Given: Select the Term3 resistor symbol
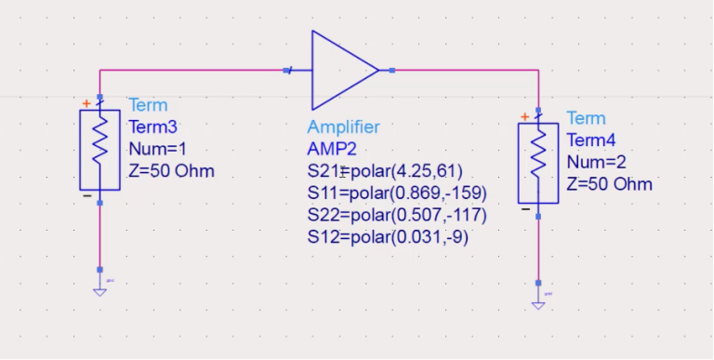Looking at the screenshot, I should coord(99,149).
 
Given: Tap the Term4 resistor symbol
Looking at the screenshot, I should coord(537,162).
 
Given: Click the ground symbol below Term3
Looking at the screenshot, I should coord(99,288).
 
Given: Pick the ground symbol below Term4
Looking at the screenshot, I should coord(537,301).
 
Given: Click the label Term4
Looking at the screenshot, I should coord(590,140).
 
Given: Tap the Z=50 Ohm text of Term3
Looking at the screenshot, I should coord(171,171).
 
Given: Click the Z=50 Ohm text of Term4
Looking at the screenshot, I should coord(609,184).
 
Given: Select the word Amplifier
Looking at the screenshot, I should coord(343,127).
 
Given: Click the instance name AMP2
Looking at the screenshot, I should coord(331,149).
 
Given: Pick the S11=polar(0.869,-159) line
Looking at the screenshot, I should coord(397,193).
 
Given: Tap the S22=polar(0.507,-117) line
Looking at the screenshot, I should coord(397,215).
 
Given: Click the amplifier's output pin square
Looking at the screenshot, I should coord(393,70).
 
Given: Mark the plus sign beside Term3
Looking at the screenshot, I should coord(86,103).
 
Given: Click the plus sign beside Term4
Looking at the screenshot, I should coord(524,116).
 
